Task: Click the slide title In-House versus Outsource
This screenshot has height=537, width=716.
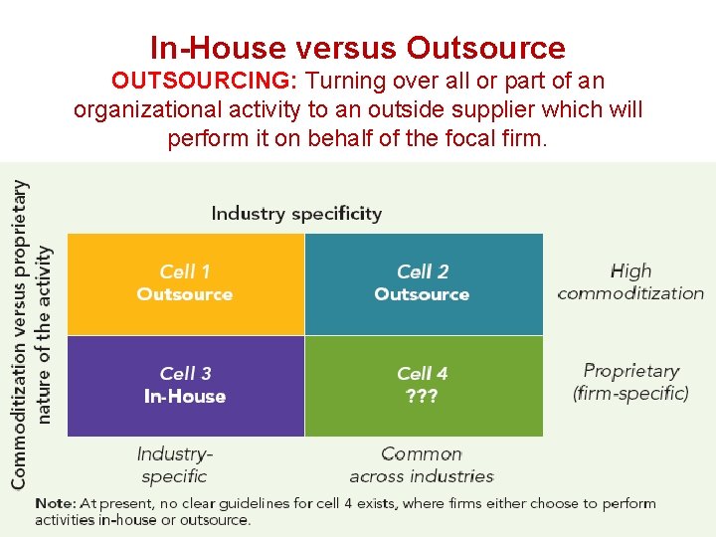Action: [x=357, y=48]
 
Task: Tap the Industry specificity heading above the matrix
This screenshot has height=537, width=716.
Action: [x=296, y=213]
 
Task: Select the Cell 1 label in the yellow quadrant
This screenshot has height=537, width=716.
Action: [x=185, y=271]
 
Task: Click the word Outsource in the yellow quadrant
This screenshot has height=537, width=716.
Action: [x=185, y=294]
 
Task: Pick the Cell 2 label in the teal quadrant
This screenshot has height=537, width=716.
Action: [x=423, y=271]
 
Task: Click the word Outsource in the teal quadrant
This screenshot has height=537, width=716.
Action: [x=423, y=294]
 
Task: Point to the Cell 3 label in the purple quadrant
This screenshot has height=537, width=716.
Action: [x=185, y=374]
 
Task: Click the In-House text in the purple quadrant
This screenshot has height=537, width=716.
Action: [x=185, y=397]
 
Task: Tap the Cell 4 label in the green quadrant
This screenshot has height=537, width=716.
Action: [x=423, y=374]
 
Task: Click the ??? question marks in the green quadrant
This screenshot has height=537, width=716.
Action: [x=423, y=397]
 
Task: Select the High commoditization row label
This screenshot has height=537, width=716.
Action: [x=630, y=281]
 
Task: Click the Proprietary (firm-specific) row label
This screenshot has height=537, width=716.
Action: [x=630, y=382]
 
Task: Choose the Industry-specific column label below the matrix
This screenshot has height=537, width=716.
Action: [x=175, y=464]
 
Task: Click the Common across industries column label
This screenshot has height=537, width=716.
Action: [x=422, y=464]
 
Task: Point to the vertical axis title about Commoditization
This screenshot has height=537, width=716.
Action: [x=32, y=333]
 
